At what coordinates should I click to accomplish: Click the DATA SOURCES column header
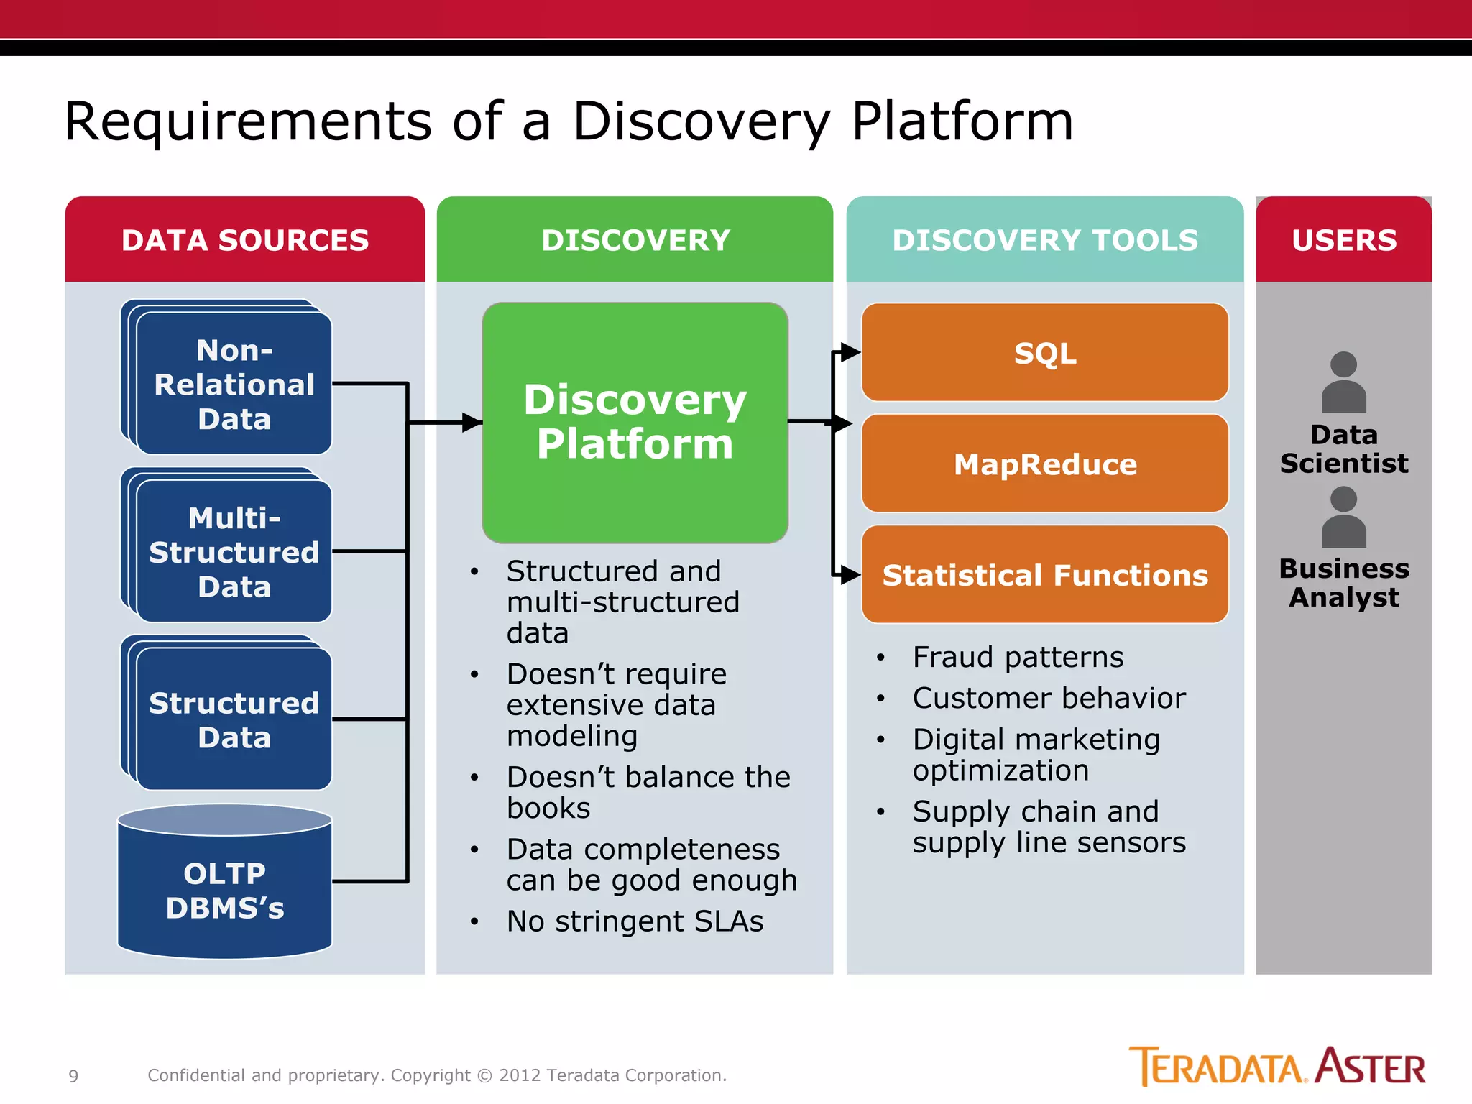click(244, 240)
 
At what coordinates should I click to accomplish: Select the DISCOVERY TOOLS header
click(1044, 240)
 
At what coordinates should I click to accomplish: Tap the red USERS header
click(1343, 240)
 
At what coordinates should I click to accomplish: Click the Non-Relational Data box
click(234, 385)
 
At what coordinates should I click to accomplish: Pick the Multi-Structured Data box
click(234, 552)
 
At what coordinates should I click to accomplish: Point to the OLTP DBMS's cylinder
click(225, 890)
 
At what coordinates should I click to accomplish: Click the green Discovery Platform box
click(635, 422)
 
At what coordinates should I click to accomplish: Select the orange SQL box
click(1044, 353)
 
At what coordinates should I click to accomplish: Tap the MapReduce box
click(1044, 464)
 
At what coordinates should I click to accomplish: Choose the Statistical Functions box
click(1044, 575)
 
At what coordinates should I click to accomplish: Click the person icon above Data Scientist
click(1343, 382)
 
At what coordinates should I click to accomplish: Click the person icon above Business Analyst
click(1343, 517)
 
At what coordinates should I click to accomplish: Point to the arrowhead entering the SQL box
click(850, 352)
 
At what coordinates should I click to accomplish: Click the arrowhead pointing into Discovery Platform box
click(471, 423)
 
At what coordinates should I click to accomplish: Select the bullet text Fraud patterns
click(1017, 657)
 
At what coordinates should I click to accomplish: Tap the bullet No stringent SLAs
click(635, 921)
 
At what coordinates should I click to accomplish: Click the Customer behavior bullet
click(1048, 698)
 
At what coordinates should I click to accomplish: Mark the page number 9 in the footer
click(73, 1076)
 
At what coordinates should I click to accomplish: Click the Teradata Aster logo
click(1276, 1067)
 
